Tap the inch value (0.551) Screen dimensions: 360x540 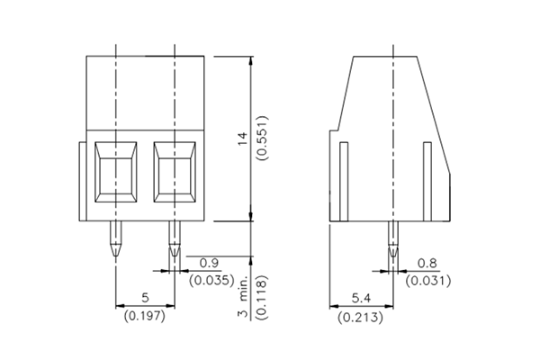(x=262, y=138)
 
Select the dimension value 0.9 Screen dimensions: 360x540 (x=209, y=263)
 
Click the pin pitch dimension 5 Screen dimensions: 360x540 (x=144, y=298)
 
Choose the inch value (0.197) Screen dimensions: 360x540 (x=144, y=315)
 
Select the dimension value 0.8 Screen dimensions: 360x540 (x=428, y=264)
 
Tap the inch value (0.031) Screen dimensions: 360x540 (x=428, y=281)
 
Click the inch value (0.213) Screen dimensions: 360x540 (x=360, y=317)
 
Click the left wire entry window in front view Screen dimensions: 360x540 (x=114, y=170)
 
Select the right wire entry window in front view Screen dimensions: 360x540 (x=175, y=170)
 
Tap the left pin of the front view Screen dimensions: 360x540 (x=114, y=240)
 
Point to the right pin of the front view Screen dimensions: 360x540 (x=175, y=240)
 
